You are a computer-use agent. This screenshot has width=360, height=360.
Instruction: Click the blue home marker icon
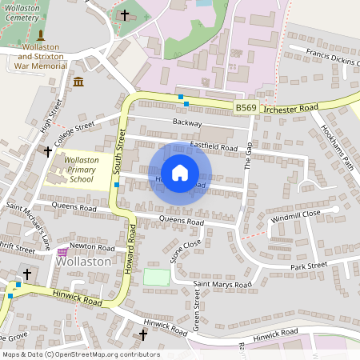coord(180,173)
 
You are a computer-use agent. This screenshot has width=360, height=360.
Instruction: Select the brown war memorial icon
coord(40,35)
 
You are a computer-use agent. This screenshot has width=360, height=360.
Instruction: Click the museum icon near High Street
coord(78,82)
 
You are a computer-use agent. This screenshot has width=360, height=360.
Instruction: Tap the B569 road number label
coord(246,106)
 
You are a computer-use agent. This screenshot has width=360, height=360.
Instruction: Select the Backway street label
coord(186,122)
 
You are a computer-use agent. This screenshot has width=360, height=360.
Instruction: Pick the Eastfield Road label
coord(214,147)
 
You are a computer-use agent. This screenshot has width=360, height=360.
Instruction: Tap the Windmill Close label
coord(295,216)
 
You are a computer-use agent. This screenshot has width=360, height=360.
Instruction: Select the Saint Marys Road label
coord(222,284)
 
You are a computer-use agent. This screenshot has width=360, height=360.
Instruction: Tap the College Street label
coord(74,130)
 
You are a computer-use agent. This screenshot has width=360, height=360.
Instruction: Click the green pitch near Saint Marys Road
coord(157,278)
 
